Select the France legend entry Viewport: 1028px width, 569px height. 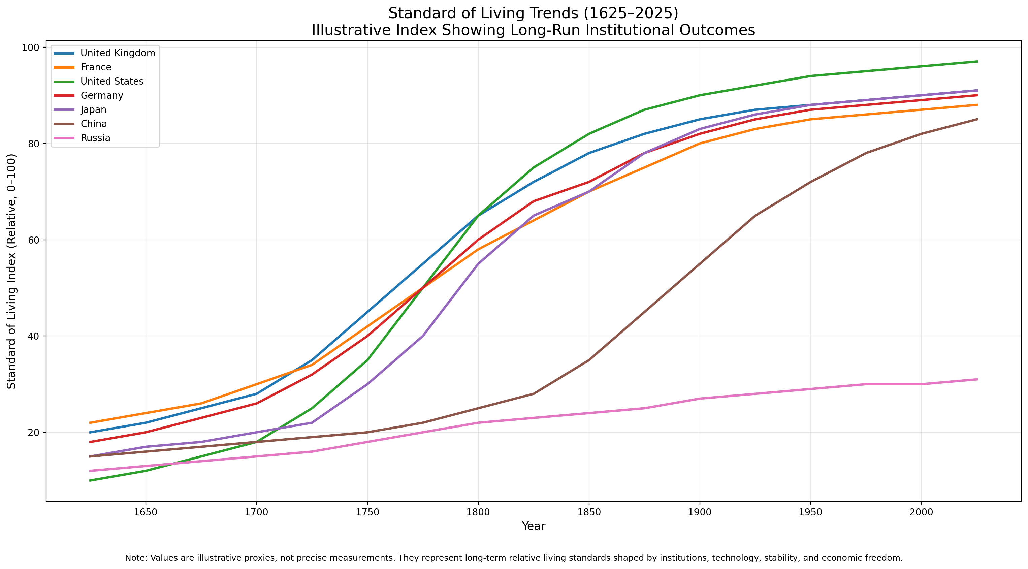coord(96,67)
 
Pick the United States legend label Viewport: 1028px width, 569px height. coord(112,82)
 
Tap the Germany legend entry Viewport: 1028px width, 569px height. coord(102,95)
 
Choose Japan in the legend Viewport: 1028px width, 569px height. coord(93,110)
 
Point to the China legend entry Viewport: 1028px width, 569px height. coord(94,124)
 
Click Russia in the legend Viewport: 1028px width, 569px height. coord(95,138)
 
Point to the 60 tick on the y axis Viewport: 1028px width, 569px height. coord(34,240)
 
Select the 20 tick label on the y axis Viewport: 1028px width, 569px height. coord(34,433)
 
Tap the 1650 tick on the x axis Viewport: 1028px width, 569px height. coord(146,512)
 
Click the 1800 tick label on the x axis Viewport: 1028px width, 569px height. coord(478,512)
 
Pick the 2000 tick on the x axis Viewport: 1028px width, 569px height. coord(921,512)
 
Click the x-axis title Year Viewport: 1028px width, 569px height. coord(533,526)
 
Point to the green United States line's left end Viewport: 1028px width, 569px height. coord(90,480)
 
